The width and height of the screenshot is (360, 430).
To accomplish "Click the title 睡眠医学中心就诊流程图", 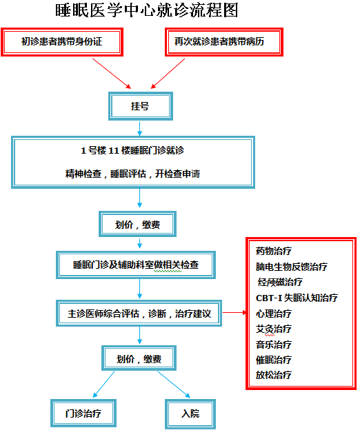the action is (147, 10).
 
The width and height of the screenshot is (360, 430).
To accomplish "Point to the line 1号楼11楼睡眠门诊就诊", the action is (132, 150).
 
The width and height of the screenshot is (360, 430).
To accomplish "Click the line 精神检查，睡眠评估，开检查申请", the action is (132, 174).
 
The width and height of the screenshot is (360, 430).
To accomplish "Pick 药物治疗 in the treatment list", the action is (274, 251).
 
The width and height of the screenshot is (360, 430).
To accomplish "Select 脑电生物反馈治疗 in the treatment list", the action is (292, 267).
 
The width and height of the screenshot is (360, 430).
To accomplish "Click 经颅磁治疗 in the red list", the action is (280, 283).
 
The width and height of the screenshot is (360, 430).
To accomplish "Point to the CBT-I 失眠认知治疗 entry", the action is (297, 298).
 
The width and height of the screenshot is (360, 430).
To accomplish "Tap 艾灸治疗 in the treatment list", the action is (274, 329).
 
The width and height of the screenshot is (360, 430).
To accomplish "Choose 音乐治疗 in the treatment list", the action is (274, 345).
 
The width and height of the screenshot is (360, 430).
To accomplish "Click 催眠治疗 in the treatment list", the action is (274, 360).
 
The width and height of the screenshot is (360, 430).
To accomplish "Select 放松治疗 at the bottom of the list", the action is (274, 375).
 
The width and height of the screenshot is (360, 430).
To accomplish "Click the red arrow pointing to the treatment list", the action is (234, 312).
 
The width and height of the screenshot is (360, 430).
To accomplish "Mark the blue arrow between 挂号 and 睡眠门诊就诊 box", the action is (140, 128).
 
